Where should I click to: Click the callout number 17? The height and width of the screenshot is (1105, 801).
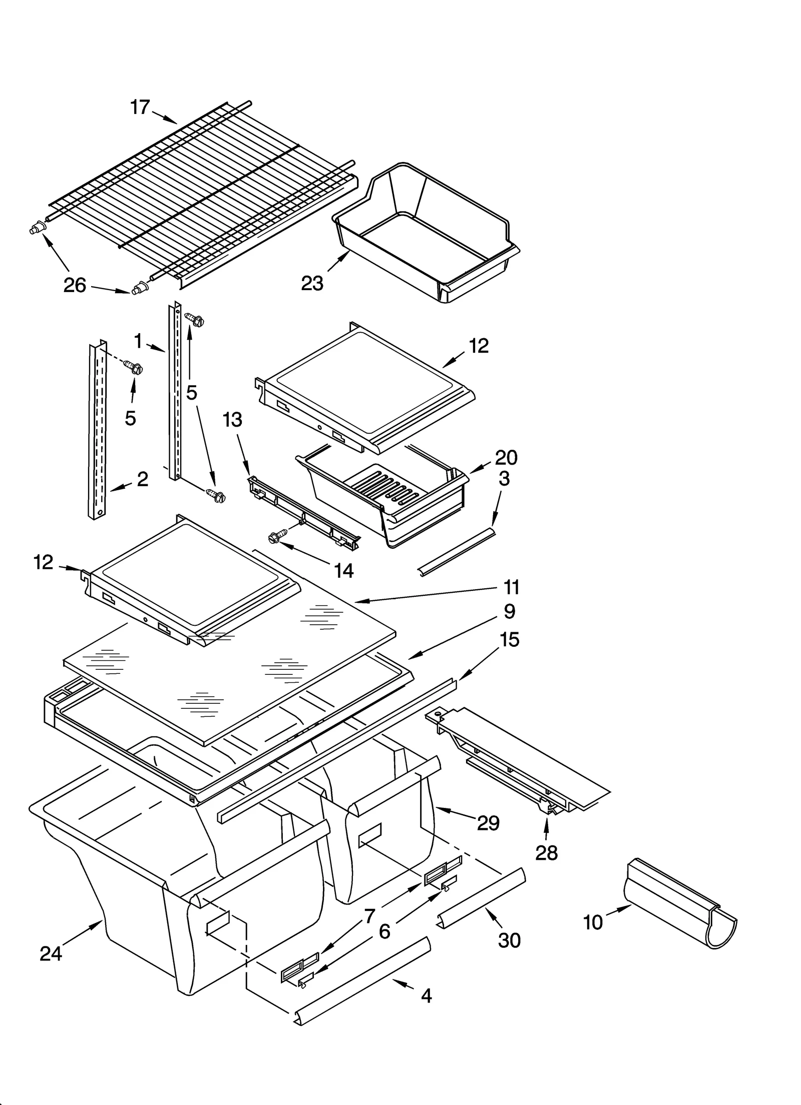tap(140, 107)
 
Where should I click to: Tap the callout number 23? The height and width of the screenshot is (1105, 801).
tap(312, 284)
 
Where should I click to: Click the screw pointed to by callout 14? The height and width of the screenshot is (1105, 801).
tap(274, 537)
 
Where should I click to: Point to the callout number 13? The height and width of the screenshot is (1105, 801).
tap(232, 420)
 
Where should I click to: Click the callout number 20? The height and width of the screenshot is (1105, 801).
tap(506, 457)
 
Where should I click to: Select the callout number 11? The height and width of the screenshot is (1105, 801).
tap(512, 587)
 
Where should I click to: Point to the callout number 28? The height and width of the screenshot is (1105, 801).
tap(546, 853)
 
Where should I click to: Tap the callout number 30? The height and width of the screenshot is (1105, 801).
tap(510, 940)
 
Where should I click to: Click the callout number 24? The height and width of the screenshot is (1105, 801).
tap(51, 954)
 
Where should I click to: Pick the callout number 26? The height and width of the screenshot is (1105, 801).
tap(75, 285)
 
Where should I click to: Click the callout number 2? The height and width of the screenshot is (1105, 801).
tap(143, 479)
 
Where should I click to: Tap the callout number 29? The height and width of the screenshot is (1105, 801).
tap(488, 823)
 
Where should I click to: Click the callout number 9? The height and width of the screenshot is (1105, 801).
tap(510, 611)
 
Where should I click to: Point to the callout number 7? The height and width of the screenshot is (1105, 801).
tap(369, 916)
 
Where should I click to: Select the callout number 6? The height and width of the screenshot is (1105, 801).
tap(384, 931)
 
